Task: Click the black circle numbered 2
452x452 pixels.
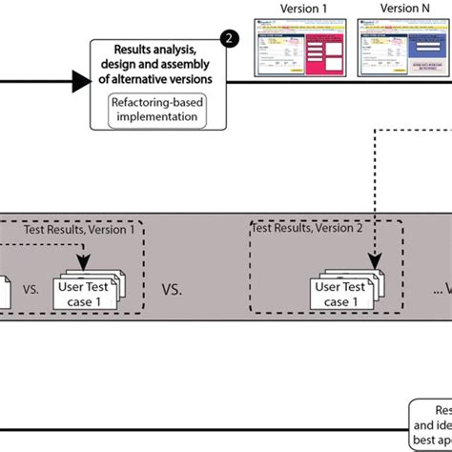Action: pyautogui.click(x=228, y=39)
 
